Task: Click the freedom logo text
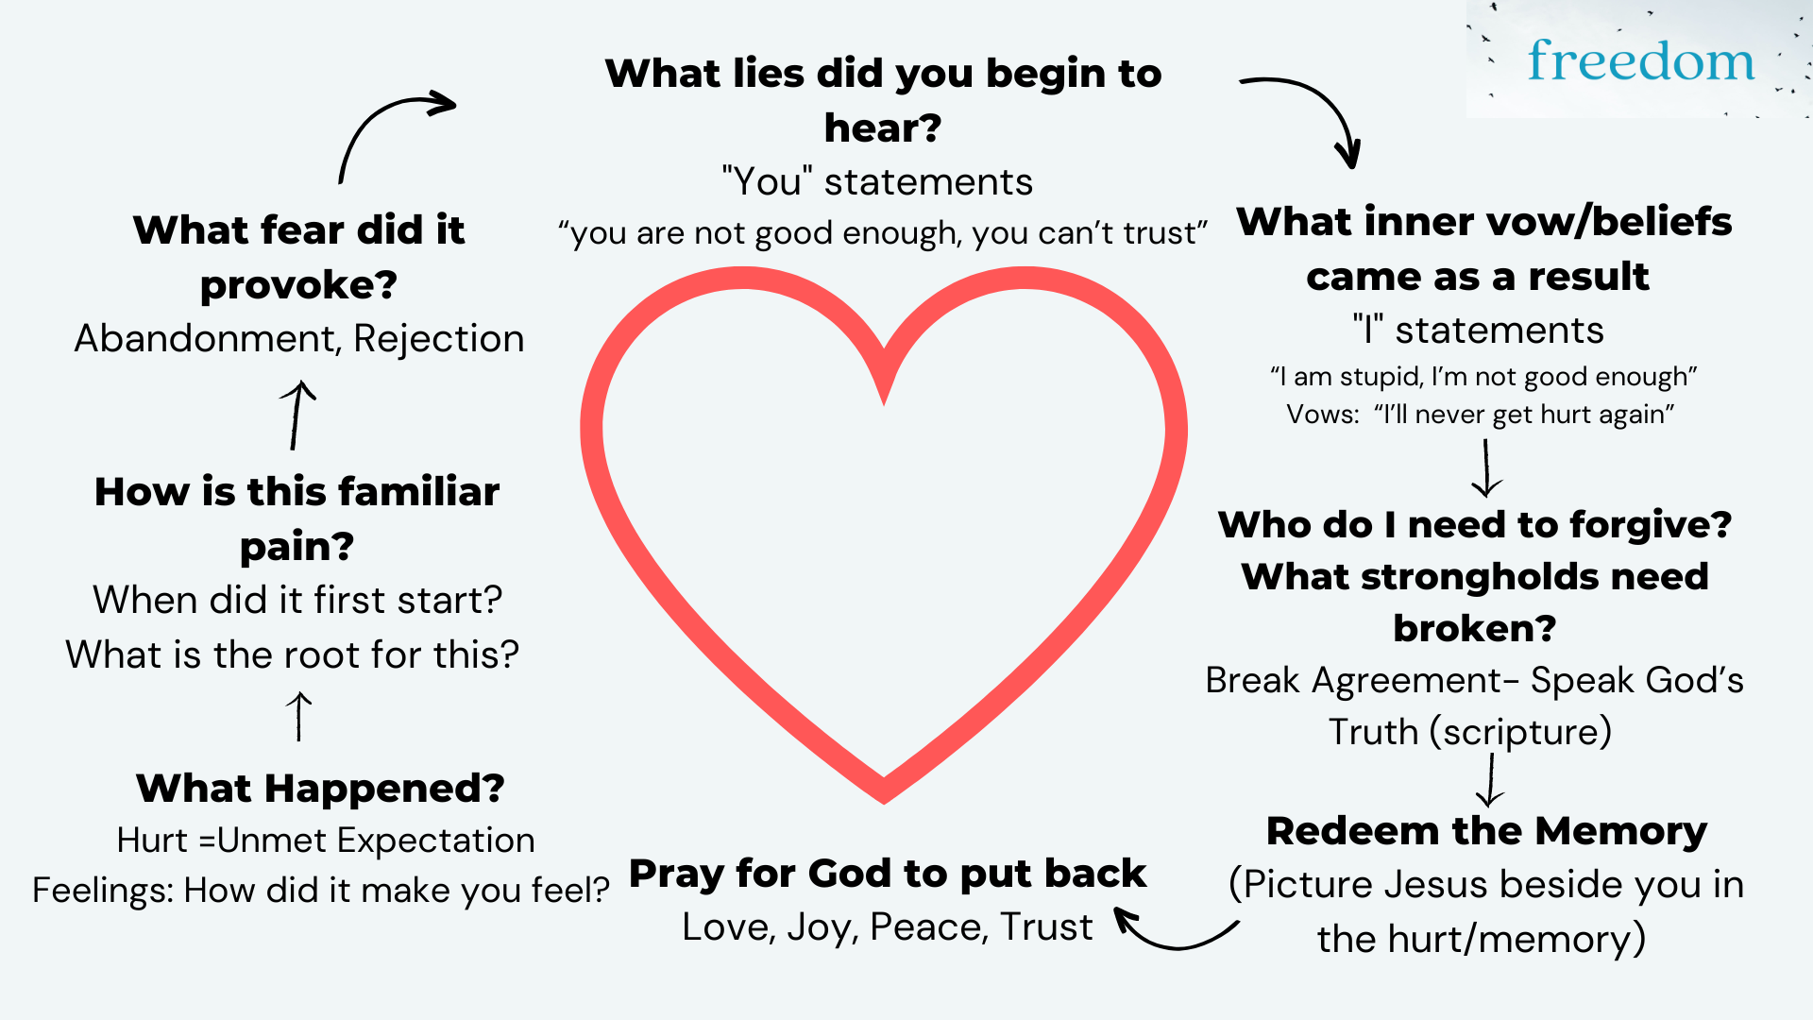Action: coord(1641,61)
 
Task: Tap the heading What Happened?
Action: coord(320,789)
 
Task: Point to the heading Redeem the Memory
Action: coord(1486,831)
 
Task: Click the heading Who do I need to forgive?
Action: coord(1475,525)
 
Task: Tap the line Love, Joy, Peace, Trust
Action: coord(887,927)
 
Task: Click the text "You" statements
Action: coord(877,182)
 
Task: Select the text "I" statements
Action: coord(1478,331)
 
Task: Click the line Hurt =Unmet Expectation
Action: coord(326,841)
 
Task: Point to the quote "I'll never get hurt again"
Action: coord(1524,415)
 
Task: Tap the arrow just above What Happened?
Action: coord(299,716)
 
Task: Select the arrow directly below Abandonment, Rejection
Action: coord(297,415)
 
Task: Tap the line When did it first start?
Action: coord(297,601)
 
